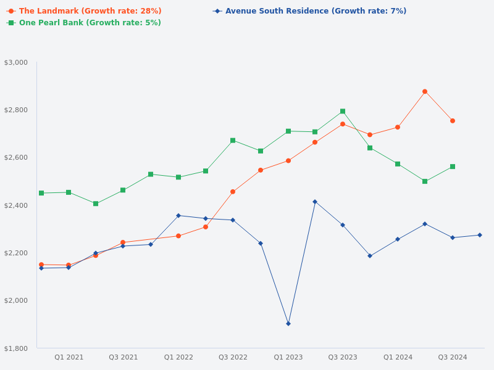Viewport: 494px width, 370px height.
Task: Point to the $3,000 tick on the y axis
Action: [16, 62]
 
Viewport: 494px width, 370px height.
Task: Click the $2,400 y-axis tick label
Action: [16, 205]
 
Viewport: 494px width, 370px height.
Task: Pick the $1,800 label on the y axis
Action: [16, 348]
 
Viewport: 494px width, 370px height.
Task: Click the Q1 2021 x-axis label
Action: [69, 357]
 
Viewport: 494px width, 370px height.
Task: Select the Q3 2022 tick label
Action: [233, 357]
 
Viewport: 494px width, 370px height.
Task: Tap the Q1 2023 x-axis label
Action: [288, 357]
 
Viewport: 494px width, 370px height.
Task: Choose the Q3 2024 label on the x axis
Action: [453, 357]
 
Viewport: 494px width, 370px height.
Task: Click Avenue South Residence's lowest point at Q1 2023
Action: [288, 324]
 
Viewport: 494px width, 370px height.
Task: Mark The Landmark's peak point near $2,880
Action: [425, 91]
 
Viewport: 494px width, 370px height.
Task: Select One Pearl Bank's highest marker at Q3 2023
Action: [343, 112]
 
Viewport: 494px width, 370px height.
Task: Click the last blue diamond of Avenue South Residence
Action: [480, 235]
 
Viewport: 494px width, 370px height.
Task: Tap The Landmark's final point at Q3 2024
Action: [453, 121]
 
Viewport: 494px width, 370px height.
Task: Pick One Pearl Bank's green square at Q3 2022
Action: [233, 141]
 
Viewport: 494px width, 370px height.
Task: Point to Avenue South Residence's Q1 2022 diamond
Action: [178, 216]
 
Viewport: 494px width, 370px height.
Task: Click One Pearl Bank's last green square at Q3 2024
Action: [453, 166]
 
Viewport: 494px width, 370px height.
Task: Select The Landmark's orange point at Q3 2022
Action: [233, 192]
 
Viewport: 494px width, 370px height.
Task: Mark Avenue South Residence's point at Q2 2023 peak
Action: [315, 202]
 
